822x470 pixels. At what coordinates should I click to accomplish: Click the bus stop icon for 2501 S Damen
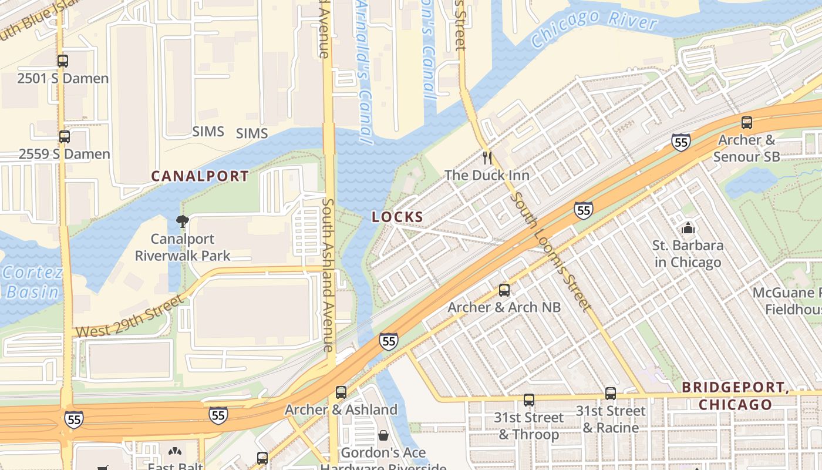click(63, 61)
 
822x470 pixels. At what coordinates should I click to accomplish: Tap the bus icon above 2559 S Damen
click(65, 137)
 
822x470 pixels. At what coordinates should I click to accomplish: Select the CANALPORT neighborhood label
click(200, 176)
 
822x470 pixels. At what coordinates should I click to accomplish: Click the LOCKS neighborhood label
click(397, 217)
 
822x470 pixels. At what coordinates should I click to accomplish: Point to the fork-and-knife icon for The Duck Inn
click(487, 157)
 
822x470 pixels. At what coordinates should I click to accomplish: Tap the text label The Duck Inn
click(487, 175)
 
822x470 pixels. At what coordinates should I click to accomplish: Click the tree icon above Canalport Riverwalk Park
click(183, 221)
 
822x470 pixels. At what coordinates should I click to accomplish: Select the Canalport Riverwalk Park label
click(183, 247)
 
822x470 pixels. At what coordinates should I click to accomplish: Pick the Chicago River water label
click(593, 29)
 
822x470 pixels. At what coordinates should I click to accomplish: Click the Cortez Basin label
click(32, 282)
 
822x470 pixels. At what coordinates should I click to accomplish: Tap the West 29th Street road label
click(129, 317)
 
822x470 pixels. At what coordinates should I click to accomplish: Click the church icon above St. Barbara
click(688, 228)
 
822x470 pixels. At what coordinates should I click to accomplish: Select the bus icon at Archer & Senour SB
click(746, 123)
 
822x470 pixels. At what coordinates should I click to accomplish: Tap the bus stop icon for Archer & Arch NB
click(504, 290)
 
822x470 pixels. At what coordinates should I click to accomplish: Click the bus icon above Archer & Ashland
click(341, 392)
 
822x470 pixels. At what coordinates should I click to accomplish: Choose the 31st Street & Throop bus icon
click(529, 400)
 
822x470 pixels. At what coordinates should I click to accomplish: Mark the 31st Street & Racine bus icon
click(611, 394)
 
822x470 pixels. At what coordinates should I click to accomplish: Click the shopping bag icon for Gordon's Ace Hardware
click(383, 435)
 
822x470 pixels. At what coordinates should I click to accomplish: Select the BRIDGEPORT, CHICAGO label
click(735, 396)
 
